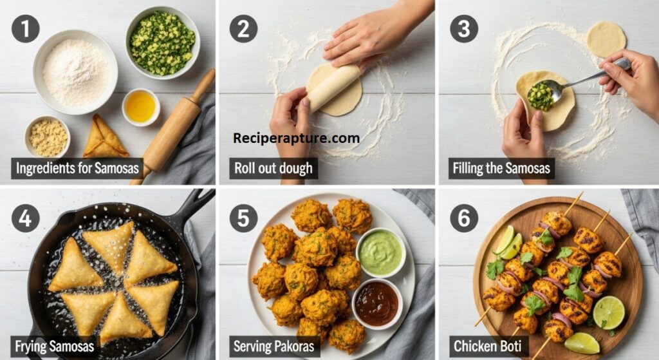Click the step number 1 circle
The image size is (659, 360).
tap(26, 28)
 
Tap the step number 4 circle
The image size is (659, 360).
tap(26, 218)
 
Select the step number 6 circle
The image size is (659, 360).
tap(464, 218)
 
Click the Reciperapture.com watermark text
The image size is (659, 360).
tap(296, 138)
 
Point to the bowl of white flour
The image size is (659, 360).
tap(75, 72)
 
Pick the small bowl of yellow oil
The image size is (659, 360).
tap(141, 107)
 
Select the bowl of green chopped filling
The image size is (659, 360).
tap(163, 43)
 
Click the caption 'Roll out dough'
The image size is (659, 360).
tap(274, 168)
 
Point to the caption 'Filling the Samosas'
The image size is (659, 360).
tap(501, 168)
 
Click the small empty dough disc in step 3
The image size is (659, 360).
tap(606, 39)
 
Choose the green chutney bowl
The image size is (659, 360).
tap(381, 252)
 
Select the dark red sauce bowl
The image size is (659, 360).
tap(377, 303)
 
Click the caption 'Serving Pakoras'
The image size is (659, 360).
tap(274, 346)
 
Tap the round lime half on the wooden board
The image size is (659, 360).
tap(609, 312)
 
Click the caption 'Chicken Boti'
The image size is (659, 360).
tap(488, 346)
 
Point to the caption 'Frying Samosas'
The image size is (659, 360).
tap(54, 346)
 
